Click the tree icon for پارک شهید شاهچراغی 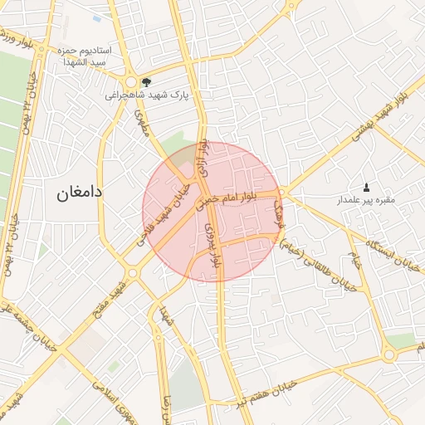click(147, 82)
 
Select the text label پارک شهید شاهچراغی click(147, 95)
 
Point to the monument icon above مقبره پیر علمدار click(367, 187)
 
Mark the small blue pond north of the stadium click(98, 17)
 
